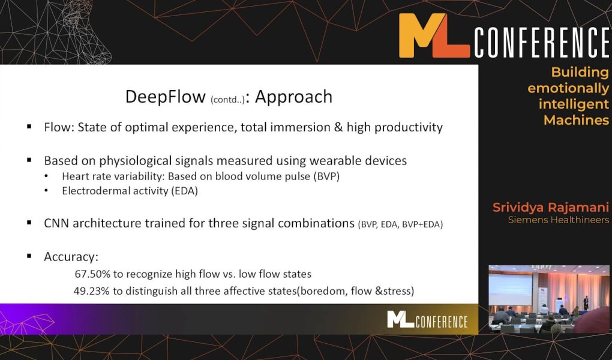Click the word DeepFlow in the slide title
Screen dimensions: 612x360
tap(165, 97)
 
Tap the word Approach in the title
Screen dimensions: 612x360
tap(293, 97)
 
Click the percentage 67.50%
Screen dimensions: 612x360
tap(92, 274)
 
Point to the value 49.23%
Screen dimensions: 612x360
tap(92, 291)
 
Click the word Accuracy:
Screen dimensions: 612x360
tap(71, 257)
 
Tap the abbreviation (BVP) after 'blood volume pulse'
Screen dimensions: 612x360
tap(326, 176)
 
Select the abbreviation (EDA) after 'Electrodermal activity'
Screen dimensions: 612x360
tap(184, 191)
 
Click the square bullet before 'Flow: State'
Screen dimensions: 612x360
tap(29, 127)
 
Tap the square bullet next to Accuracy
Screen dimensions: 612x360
tap(29, 256)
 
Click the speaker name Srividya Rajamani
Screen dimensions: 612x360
tap(550, 208)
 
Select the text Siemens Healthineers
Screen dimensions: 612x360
tap(558, 220)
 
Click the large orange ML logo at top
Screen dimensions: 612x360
tap(434, 35)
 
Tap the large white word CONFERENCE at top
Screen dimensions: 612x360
tap(542, 42)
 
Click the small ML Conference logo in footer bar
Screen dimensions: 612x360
tap(427, 320)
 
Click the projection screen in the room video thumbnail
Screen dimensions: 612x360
tap(510, 289)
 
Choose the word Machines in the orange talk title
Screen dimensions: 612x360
tap(576, 120)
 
